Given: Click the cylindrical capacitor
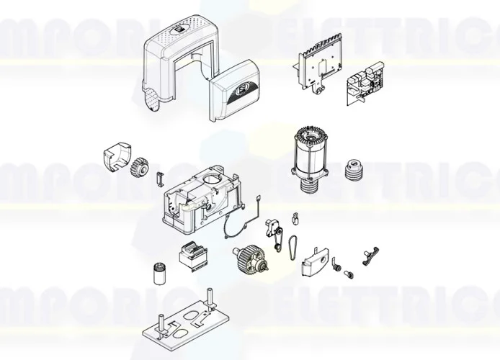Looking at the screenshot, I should tap(159, 274).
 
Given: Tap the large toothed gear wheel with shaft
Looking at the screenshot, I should tap(251, 258).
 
